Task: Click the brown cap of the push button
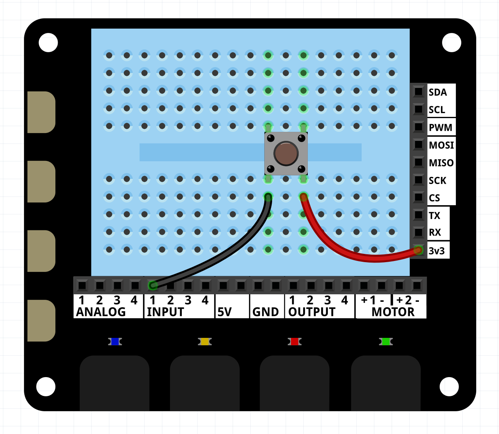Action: pos(286,153)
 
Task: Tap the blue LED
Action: pos(115,342)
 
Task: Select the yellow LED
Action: pos(205,342)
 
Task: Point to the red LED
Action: pos(294,342)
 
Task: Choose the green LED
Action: pos(386,342)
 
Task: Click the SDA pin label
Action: pos(437,92)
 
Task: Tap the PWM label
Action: pos(440,128)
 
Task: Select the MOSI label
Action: pos(441,145)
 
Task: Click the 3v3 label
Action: pos(437,251)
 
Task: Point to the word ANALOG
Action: pos(101,312)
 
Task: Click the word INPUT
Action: pos(165,312)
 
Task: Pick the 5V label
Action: pos(225,312)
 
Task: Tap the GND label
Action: pos(265,312)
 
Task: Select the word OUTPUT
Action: pos(312,312)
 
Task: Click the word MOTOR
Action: pos(393,312)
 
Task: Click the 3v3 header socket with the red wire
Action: pos(419,250)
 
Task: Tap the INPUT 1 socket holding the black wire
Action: pos(153,285)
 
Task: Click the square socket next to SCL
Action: pos(419,109)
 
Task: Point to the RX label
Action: pos(435,232)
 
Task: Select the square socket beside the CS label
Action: pos(419,197)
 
